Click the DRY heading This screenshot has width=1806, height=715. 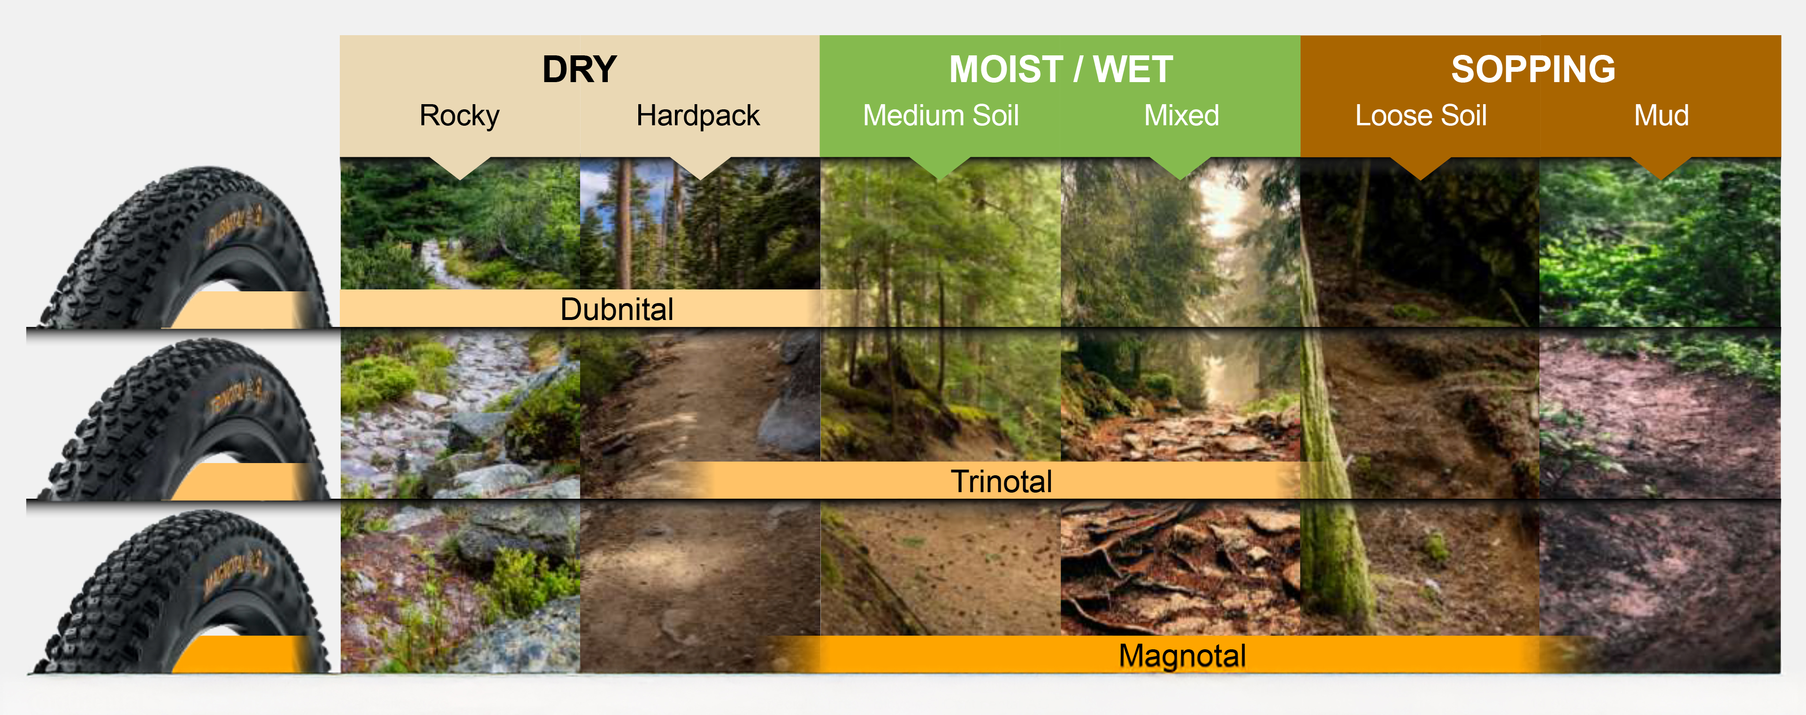(579, 69)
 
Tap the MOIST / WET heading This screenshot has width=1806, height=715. (1061, 69)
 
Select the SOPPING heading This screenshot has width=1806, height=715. (1533, 69)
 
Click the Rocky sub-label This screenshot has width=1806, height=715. (459, 116)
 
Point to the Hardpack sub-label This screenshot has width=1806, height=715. (697, 116)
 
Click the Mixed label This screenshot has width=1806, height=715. (1181, 116)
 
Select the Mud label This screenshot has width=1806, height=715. (1661, 116)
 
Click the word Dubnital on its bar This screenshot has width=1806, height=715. (617, 309)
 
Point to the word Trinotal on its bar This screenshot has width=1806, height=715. (1001, 481)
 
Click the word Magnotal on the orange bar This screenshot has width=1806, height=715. (1182, 656)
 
